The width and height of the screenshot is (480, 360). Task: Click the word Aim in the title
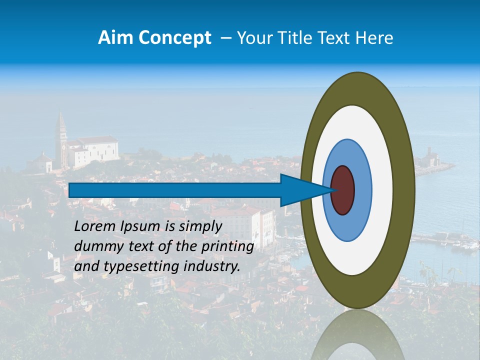[x=114, y=38]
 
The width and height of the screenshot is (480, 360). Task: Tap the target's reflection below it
[x=357, y=335]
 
